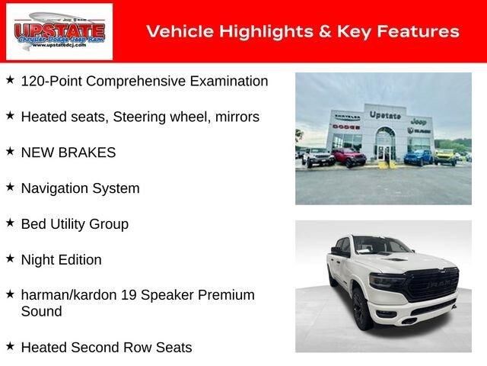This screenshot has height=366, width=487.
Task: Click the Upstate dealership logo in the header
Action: click(59, 31)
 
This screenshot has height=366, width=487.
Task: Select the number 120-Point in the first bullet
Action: click(52, 82)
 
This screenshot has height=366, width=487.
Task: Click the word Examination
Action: click(229, 82)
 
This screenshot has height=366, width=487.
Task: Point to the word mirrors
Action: click(237, 117)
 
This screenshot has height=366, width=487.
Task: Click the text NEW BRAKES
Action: click(68, 152)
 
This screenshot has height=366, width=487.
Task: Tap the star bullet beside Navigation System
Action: click(10, 187)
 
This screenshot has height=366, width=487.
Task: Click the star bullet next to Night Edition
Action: click(10, 258)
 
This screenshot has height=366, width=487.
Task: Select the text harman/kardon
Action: click(68, 295)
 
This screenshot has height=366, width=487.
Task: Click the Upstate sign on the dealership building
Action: click(385, 115)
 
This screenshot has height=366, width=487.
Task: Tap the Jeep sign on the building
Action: click(419, 121)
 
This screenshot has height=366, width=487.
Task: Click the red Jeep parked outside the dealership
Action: click(349, 157)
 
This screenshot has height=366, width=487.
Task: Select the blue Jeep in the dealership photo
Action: click(419, 157)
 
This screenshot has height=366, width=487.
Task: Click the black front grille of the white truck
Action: click(432, 284)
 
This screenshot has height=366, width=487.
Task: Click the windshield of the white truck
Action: click(382, 245)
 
